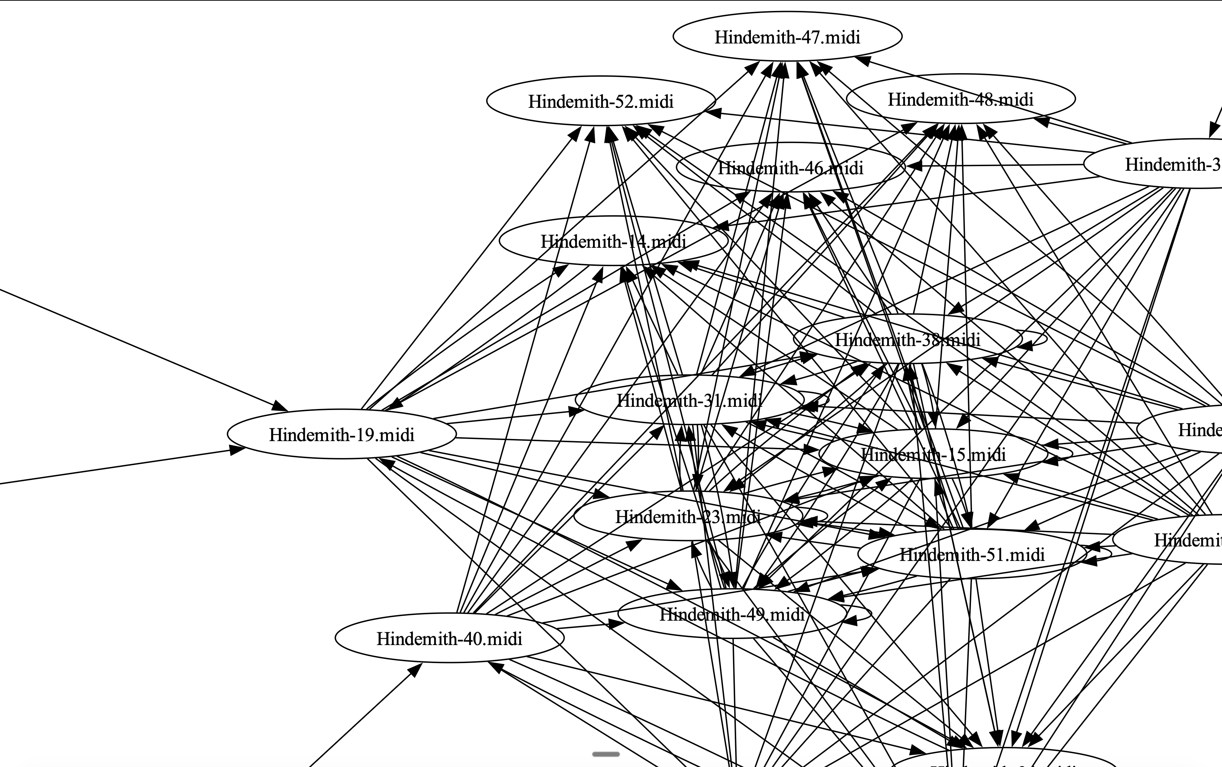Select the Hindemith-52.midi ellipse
click(601, 101)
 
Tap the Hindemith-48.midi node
click(960, 99)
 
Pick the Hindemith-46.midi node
click(790, 168)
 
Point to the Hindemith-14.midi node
click(613, 241)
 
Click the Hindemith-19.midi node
click(342, 435)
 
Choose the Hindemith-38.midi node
click(907, 339)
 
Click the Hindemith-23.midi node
click(688, 517)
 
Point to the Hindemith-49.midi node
click(732, 614)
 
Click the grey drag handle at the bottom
click(606, 754)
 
